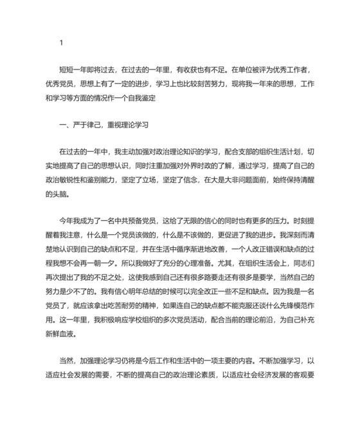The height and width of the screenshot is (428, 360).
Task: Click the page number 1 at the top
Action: [x=61, y=43]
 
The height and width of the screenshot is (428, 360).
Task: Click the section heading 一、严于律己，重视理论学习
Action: [x=98, y=124]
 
